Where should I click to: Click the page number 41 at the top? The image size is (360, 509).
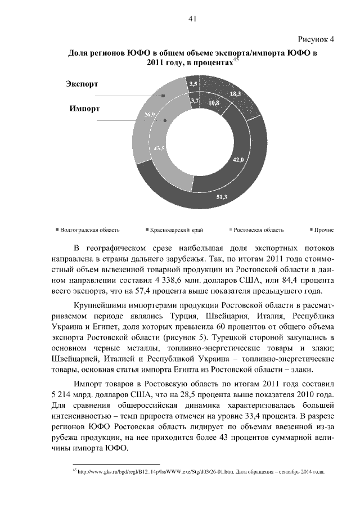192,19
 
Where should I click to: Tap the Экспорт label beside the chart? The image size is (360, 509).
82,84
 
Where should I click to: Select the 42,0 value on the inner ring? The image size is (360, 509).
238,160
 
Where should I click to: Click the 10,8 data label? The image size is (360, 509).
214,103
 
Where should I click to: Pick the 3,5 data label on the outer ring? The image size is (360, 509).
193,84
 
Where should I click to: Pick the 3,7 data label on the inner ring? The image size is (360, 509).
195,101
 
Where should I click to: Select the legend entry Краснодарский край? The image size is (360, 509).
176,230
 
